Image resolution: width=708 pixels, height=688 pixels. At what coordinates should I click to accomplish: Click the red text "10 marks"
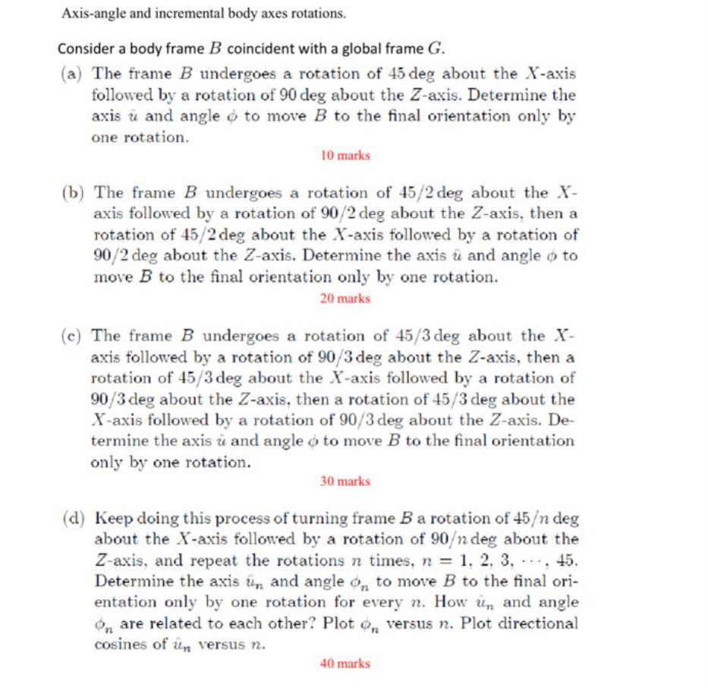[x=345, y=156]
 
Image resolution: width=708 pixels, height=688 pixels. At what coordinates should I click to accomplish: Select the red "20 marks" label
[x=345, y=298]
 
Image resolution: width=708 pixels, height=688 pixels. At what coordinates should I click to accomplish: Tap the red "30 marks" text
[x=345, y=481]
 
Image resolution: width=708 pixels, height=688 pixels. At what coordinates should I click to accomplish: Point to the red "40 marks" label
[x=345, y=664]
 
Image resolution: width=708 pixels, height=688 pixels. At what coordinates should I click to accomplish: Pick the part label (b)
[x=74, y=194]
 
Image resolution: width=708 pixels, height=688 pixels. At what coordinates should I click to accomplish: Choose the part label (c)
[x=73, y=336]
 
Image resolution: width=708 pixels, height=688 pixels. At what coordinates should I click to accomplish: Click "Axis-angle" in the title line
[x=88, y=14]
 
